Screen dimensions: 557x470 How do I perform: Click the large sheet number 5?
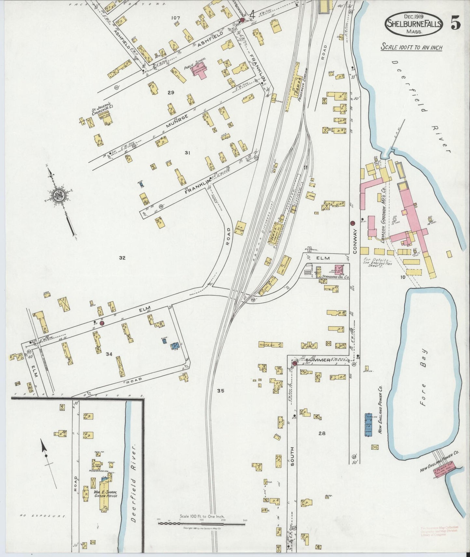tap(455, 24)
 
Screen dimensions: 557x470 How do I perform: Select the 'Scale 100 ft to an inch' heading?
tap(411, 47)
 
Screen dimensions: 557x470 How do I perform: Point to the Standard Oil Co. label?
tap(335, 277)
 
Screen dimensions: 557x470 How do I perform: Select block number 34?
tap(109, 354)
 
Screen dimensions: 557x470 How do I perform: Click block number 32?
tap(122, 258)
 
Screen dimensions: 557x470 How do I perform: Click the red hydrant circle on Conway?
tap(352, 223)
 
